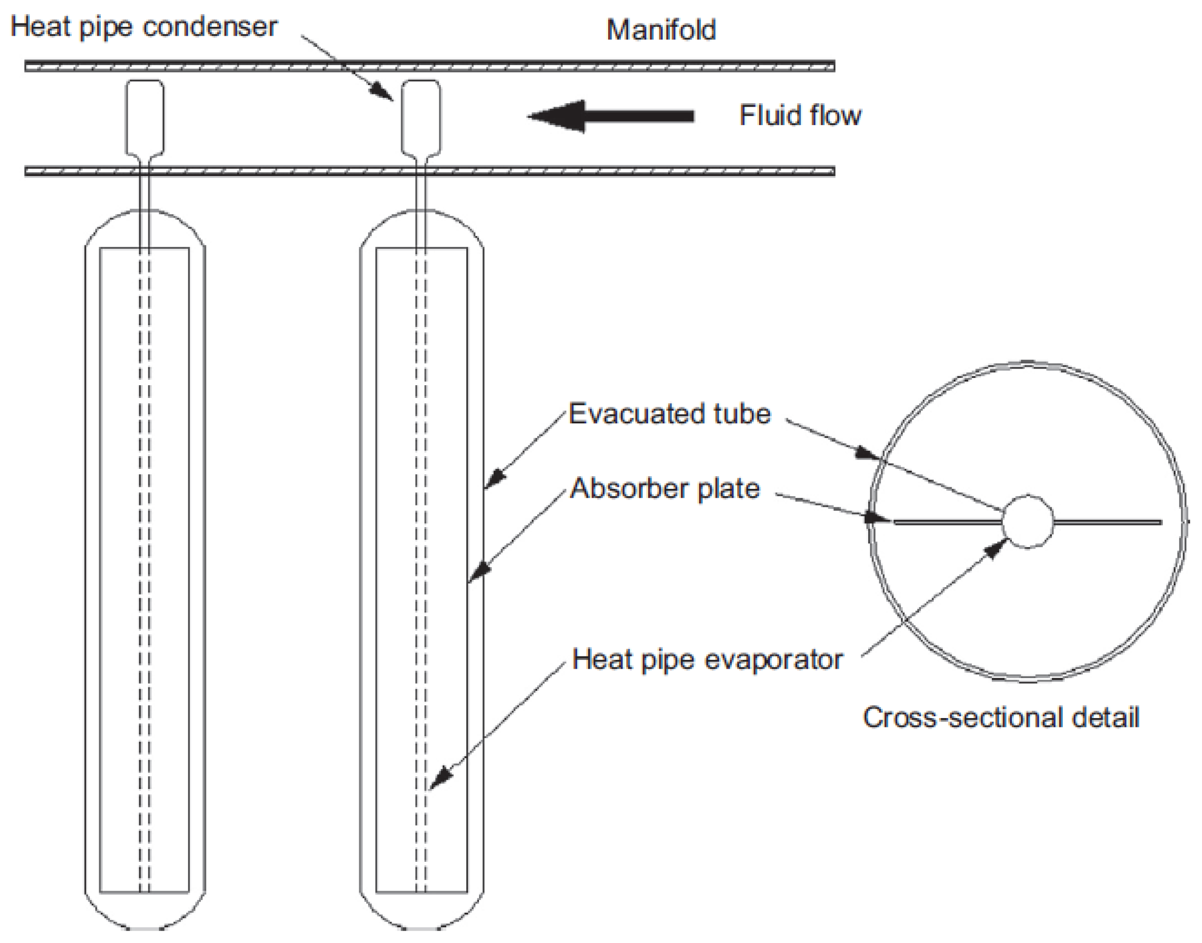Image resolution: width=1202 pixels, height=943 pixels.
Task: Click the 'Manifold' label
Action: (661, 30)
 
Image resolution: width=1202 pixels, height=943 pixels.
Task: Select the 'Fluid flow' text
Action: (800, 116)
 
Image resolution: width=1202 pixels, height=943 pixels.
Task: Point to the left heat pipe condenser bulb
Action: (145, 117)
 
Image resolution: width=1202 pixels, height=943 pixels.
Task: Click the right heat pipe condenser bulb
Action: (421, 117)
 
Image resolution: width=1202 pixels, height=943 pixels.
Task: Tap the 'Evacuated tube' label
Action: (669, 414)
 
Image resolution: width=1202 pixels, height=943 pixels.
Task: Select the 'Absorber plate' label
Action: (665, 489)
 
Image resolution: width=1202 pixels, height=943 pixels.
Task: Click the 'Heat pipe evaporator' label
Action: (707, 660)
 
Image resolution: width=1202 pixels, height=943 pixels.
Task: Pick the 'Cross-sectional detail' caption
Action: (1001, 718)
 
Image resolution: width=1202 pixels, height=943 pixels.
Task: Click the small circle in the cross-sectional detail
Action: (1027, 521)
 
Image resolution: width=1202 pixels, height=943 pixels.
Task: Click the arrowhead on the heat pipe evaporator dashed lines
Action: (440, 779)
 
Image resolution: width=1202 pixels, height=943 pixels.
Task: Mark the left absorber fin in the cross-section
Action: (947, 522)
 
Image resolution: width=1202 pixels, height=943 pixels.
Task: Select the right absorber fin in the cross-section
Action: (1107, 522)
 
